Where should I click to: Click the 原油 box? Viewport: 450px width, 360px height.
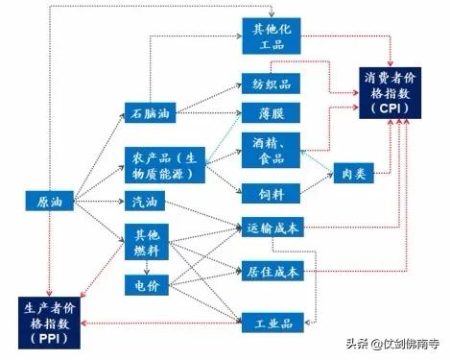(48, 202)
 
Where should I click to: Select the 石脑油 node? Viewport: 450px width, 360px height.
(150, 113)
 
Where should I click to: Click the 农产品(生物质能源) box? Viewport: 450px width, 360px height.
(164, 165)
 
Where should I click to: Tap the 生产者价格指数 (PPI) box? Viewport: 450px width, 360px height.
(48, 322)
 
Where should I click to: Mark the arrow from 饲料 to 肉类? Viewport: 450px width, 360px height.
(312, 183)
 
